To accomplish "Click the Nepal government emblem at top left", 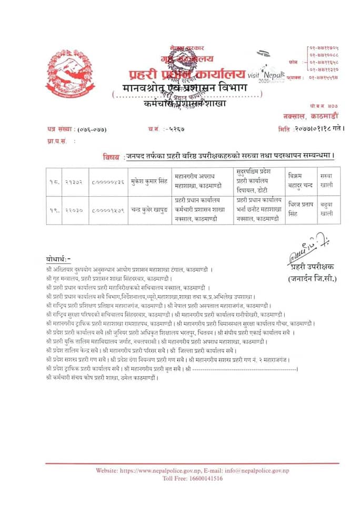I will pos(66,73).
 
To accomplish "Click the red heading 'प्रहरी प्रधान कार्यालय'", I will pos(178,72).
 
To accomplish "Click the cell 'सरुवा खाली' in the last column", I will pos(326,181).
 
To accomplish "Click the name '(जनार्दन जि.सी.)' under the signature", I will pos(312,278).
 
